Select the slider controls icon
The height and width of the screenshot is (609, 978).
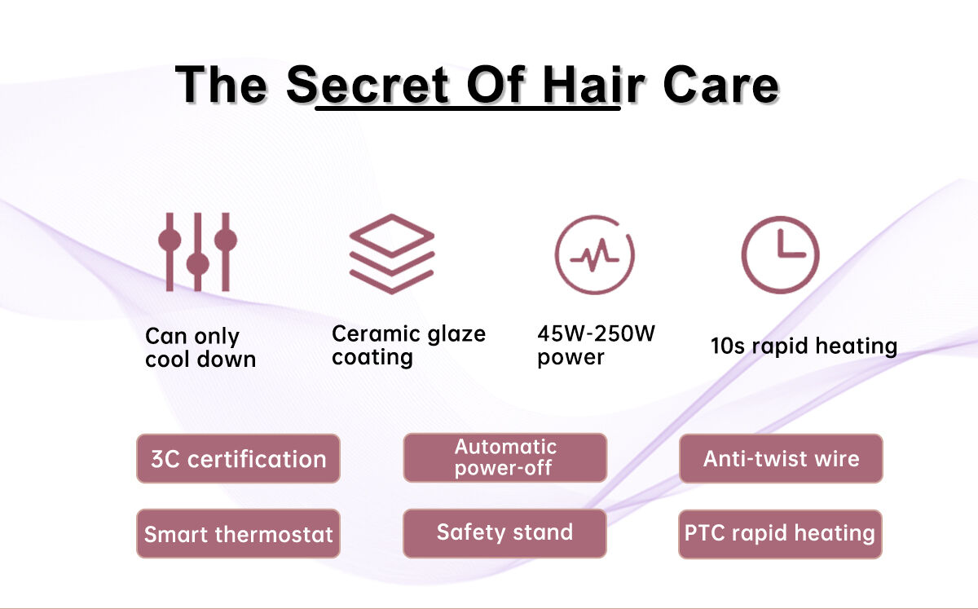tap(197, 252)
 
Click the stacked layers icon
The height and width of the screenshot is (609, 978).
tap(392, 253)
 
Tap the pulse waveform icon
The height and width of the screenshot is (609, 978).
tap(594, 254)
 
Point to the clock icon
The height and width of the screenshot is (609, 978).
tap(780, 254)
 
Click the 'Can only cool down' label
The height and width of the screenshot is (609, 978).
tap(200, 348)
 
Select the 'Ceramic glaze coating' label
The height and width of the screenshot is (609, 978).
tap(408, 345)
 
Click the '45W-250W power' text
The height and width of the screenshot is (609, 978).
tap(596, 345)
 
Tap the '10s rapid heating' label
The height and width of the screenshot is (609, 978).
tap(804, 346)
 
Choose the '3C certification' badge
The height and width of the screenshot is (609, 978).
tap(238, 459)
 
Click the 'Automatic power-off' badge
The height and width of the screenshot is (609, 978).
tap(505, 457)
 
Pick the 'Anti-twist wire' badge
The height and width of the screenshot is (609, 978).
tap(781, 458)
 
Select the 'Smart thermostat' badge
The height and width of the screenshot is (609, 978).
tap(238, 534)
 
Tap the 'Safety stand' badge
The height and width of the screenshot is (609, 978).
tap(505, 533)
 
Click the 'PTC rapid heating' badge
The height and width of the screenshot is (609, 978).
tap(780, 534)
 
